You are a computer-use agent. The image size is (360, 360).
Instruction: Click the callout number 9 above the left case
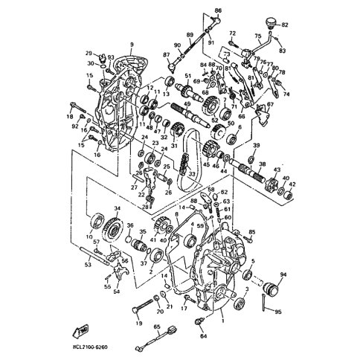[x=132, y=45]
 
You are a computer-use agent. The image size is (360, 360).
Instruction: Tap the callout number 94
[x=283, y=275]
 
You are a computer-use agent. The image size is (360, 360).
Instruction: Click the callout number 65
[x=157, y=327]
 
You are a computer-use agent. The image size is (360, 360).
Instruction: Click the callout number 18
[x=71, y=117]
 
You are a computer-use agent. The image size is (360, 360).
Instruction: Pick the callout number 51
[x=188, y=76]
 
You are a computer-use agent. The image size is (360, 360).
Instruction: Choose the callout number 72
[x=232, y=33]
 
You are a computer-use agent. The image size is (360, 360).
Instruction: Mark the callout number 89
[x=190, y=35]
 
